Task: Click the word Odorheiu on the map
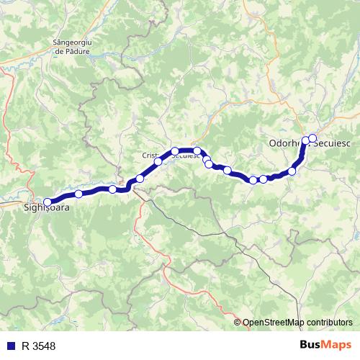(287, 143)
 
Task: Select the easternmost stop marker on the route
(312, 138)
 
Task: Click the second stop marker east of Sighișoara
(112, 189)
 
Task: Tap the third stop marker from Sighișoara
(140, 178)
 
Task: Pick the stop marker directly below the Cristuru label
(158, 162)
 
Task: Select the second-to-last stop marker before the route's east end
(305, 140)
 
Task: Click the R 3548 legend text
(38, 346)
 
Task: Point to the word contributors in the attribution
(328, 322)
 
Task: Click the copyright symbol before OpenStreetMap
(238, 322)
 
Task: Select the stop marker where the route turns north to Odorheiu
(292, 171)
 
